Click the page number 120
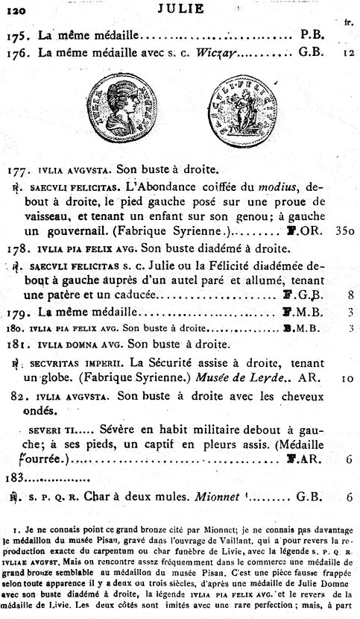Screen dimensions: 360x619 click(x=16, y=10)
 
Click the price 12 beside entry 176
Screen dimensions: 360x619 click(x=348, y=54)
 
